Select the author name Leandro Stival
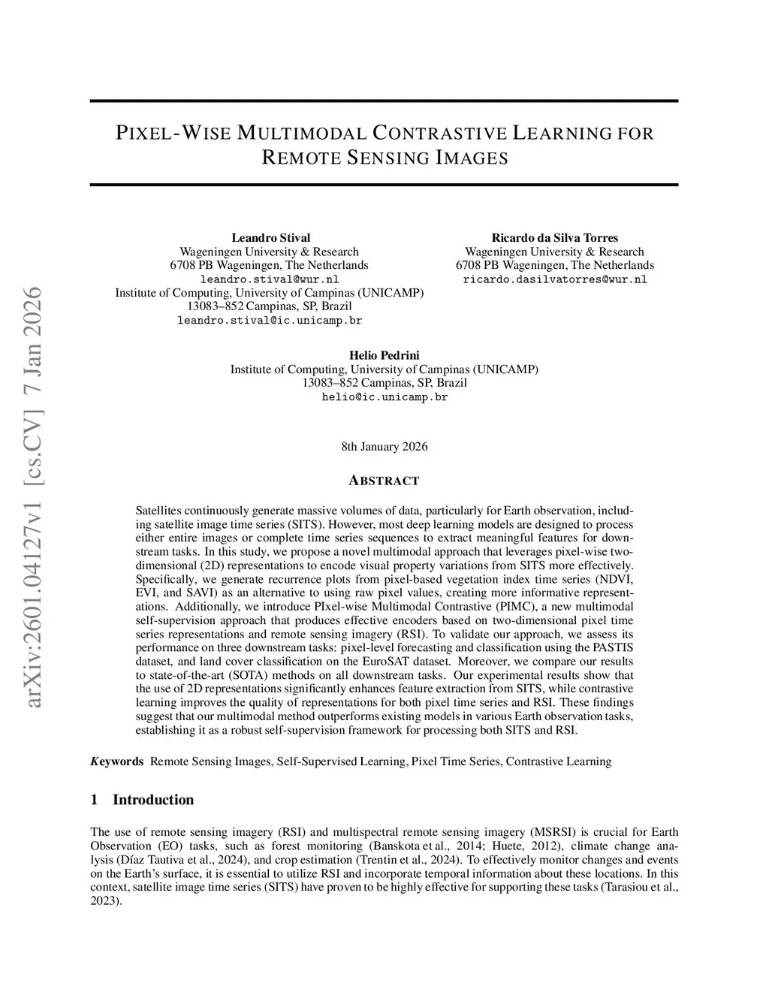(270, 238)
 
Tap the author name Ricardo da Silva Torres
(554, 238)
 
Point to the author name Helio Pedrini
(384, 355)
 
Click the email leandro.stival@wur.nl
(270, 279)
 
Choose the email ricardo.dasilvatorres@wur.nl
(554, 279)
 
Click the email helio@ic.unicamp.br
(384, 396)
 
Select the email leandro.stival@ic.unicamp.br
(270, 320)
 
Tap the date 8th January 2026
(384, 447)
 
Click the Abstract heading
(384, 481)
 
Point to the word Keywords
(117, 761)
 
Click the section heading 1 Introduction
(142, 800)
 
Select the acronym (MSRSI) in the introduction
(554, 832)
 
